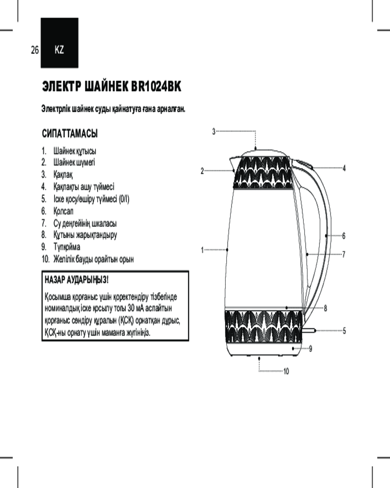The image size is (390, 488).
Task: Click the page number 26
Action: coord(35,50)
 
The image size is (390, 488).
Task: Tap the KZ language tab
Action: coord(59,50)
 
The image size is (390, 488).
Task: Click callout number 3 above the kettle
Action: coord(214,131)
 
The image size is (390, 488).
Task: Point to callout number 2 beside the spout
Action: coord(202,171)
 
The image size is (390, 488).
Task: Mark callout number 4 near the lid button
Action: coord(344,168)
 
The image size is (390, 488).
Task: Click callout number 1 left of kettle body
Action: coord(202,250)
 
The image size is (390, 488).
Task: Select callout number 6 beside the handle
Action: coord(344,236)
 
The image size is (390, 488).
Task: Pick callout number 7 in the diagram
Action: coord(344,254)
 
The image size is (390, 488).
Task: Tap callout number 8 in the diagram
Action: coord(325,308)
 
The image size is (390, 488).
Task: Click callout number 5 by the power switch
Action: coord(344,330)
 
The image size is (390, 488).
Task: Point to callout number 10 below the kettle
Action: coord(286,371)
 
